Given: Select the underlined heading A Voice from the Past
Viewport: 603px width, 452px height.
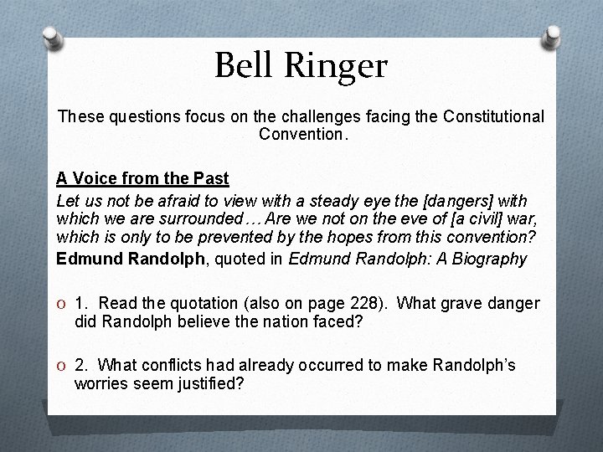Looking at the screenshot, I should [142, 178].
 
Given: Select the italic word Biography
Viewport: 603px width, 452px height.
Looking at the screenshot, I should [492, 259].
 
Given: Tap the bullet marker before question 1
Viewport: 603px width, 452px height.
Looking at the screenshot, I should [62, 304].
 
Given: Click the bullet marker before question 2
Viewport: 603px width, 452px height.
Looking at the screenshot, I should [62, 366].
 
